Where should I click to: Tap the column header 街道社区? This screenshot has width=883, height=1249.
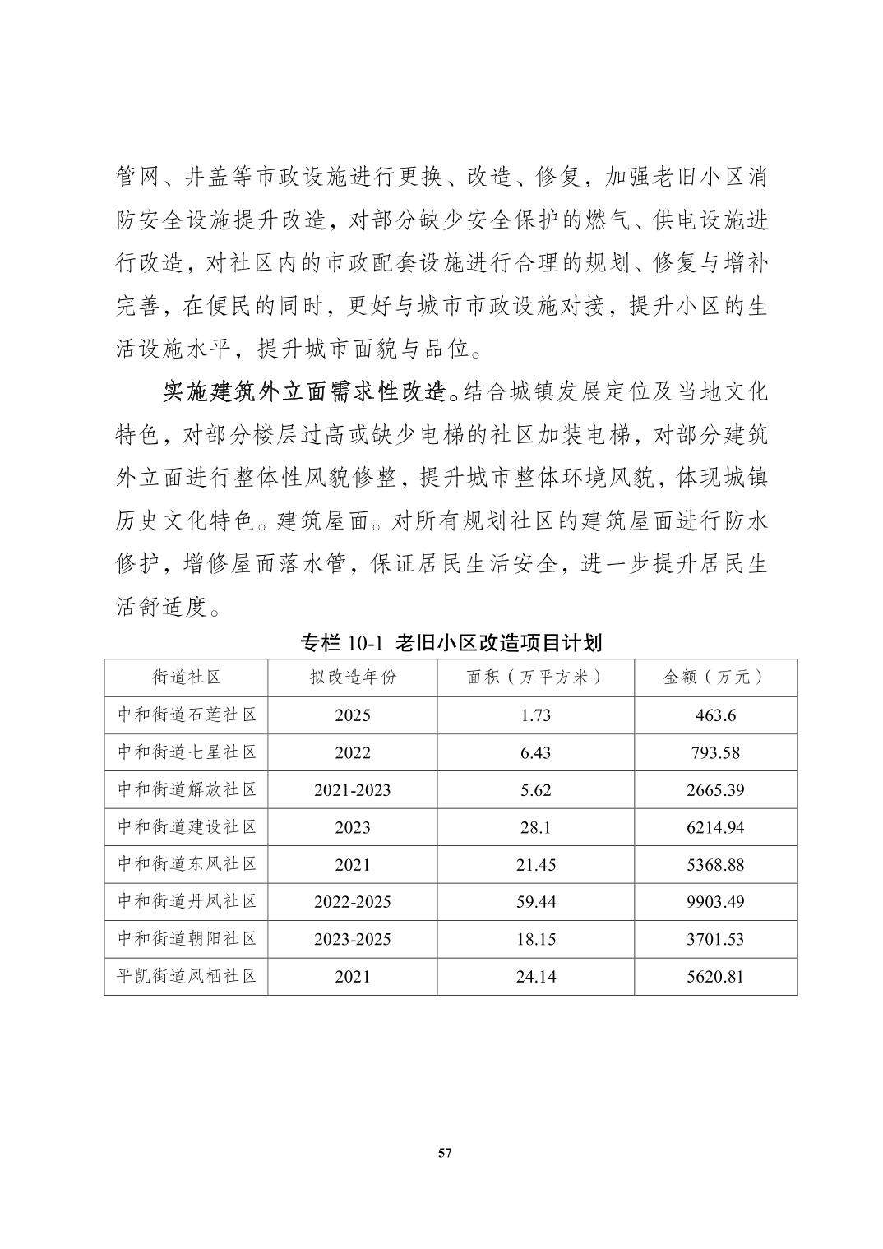point(187,677)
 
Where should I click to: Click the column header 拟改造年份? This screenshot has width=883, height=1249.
point(353,677)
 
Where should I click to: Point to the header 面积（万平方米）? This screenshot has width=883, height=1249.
point(535,677)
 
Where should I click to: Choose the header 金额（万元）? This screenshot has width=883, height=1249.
point(715,677)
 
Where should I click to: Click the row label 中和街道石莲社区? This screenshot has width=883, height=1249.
point(187,715)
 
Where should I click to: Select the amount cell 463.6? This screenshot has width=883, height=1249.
point(715,715)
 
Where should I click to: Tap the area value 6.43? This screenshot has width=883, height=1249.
point(535,753)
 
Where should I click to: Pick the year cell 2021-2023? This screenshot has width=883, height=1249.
point(353,790)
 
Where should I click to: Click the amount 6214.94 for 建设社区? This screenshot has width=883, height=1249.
point(715,828)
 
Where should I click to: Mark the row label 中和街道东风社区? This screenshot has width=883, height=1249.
point(187,864)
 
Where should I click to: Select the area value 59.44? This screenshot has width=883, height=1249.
point(535,902)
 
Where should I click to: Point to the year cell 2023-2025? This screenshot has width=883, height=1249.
point(353,939)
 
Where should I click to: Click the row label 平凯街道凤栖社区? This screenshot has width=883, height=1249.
point(187,976)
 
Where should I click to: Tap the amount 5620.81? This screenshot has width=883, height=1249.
point(715,977)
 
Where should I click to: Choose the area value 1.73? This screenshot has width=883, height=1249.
point(535,715)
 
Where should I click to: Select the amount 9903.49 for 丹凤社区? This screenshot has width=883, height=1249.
point(715,902)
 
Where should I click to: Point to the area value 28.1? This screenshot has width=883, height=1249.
point(535,828)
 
